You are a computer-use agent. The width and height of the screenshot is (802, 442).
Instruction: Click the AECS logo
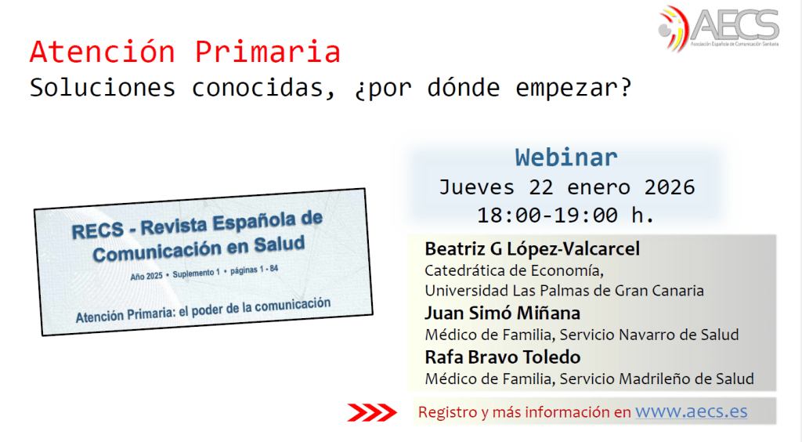[718, 28]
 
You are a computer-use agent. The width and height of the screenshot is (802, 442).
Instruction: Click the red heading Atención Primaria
[185, 52]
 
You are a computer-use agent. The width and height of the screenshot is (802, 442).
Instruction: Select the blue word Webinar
[566, 157]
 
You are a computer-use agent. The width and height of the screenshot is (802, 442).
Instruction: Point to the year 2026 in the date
[670, 187]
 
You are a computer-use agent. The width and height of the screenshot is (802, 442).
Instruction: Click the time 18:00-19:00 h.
[565, 215]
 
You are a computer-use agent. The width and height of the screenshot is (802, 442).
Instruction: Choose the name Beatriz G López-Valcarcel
[532, 249]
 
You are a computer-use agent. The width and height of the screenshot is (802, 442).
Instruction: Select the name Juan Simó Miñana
[502, 313]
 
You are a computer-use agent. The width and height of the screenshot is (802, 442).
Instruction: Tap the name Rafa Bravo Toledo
[503, 357]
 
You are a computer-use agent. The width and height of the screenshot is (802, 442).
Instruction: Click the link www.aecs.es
[691, 411]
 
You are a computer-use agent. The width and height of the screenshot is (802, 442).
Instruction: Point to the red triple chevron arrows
[372, 412]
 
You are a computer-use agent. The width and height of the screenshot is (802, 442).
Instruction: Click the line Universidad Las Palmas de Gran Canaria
[564, 291]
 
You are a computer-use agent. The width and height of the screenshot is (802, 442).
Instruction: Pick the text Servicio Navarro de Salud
[649, 335]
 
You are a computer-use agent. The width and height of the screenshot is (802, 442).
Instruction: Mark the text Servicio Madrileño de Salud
[657, 379]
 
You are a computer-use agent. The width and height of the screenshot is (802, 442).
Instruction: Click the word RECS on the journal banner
[98, 230]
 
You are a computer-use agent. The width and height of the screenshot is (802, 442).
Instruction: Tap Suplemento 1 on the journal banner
[197, 274]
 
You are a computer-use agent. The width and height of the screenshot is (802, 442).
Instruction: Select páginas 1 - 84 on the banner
[255, 270]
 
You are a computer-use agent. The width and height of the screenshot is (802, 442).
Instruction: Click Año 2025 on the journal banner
[146, 276]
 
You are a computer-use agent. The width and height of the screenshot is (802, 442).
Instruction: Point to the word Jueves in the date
[477, 188]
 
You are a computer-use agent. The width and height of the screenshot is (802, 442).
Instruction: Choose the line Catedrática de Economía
[514, 270]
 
